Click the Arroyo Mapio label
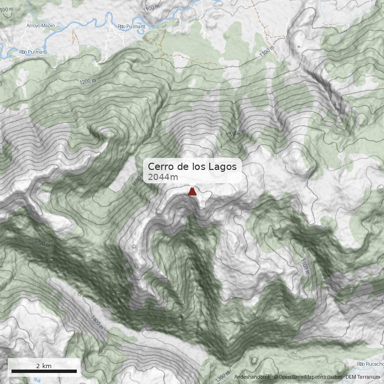[x=41, y=25]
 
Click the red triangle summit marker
[x=192, y=192]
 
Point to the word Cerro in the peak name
[x=160, y=167]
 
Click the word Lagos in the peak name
[x=222, y=167]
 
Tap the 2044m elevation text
[x=163, y=177]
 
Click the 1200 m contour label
[x=88, y=81]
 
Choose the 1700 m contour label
[x=42, y=243]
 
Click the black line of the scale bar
[x=44, y=371]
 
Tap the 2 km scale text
[x=44, y=366]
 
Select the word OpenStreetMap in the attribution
[x=295, y=377]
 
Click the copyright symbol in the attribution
[x=276, y=377]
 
